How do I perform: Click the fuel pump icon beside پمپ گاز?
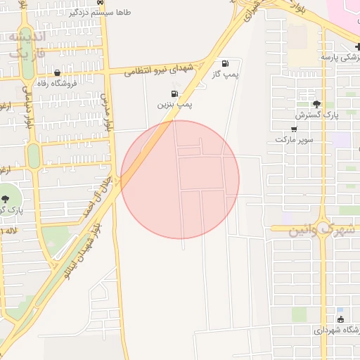tap(225, 63)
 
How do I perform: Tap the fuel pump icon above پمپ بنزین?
tap(174, 94)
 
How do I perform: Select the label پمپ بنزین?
tap(174, 104)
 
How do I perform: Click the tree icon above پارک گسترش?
tap(317, 103)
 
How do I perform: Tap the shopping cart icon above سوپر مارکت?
tap(293, 129)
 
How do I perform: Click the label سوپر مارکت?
tap(293, 139)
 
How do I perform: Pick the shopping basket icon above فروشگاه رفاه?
tap(57, 72)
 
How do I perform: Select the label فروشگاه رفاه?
tap(57, 83)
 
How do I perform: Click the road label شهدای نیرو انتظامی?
tap(158, 69)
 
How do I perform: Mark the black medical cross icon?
tap(358, 46)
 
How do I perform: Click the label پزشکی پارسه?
tap(340, 56)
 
